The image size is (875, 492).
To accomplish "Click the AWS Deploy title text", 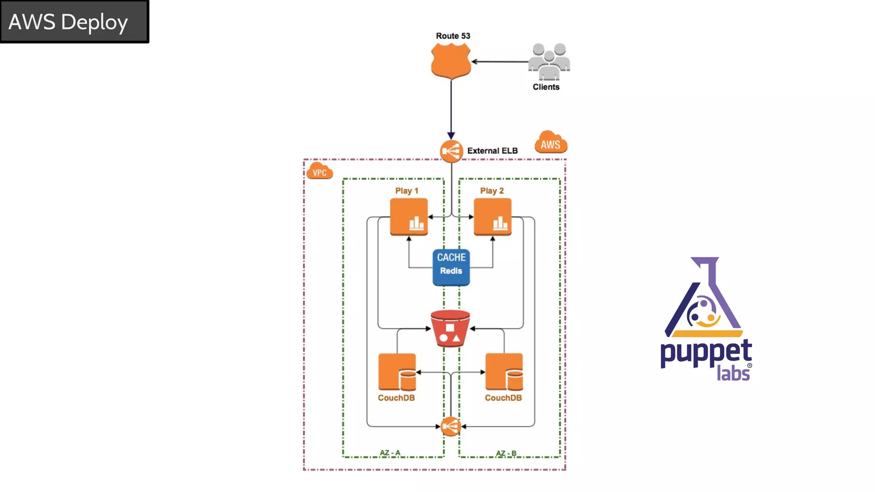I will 68,22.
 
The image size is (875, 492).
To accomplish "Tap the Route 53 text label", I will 453,36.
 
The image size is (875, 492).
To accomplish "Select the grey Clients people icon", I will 549,62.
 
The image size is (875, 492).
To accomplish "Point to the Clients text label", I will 546,87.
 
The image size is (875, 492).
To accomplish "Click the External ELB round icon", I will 451,151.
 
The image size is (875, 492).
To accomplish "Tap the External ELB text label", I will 492,151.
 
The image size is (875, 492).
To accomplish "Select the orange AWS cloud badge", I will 551,143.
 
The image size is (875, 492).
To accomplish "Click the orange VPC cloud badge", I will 320,171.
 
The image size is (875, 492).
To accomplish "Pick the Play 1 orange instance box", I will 409,217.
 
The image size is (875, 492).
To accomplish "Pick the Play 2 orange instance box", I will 492,217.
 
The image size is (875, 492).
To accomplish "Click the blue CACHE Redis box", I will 451,267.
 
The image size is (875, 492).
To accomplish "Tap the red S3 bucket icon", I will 450,328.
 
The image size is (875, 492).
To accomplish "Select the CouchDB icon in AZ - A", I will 397,372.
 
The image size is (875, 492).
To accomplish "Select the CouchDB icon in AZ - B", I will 504,372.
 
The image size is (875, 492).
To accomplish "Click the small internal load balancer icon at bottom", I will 451,426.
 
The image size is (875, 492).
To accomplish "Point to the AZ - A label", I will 390,452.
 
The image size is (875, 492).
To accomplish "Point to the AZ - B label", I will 506,453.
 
